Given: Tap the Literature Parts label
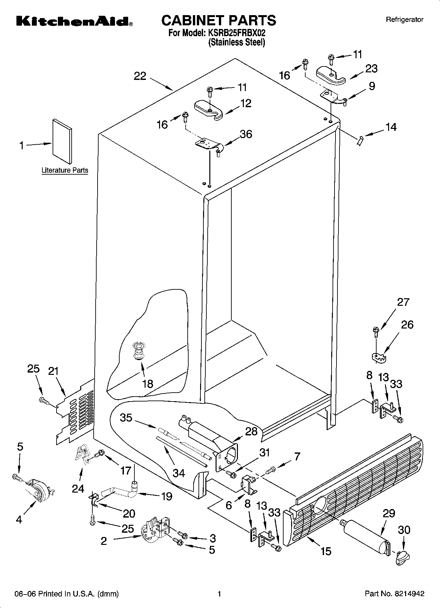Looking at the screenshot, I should pos(65,170).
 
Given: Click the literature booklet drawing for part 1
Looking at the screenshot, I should pos(62,141).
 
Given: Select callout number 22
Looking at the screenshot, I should pos(140,76).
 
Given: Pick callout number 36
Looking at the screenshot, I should pos(246,134).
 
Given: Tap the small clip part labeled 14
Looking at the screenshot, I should pos(360,141).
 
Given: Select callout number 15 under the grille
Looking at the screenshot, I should pos(326,551).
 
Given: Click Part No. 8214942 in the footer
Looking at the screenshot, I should pos(394,594).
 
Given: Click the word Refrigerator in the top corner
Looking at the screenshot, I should pos(405,20).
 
